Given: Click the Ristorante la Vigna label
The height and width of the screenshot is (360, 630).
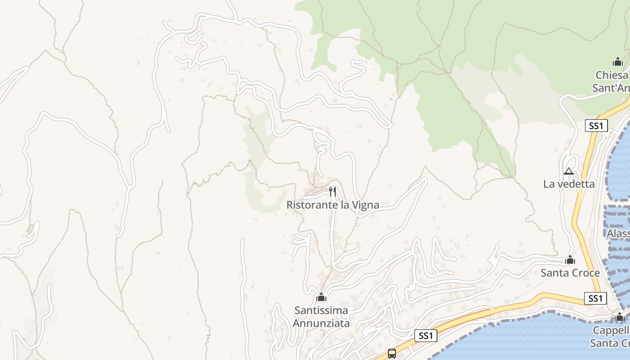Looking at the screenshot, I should [x=333, y=205].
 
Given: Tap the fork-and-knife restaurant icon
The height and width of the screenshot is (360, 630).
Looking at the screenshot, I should [x=333, y=192].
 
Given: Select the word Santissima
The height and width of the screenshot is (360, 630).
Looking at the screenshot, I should [x=321, y=310].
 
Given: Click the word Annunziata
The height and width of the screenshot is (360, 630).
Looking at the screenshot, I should [x=321, y=323].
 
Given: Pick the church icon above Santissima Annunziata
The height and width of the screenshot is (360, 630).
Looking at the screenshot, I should [x=321, y=297].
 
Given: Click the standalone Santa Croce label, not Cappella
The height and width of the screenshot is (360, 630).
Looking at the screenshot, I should [x=570, y=273].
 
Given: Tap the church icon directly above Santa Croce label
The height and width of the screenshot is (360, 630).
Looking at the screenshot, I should [x=570, y=260].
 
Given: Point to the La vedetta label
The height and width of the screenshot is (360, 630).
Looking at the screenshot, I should [x=569, y=184].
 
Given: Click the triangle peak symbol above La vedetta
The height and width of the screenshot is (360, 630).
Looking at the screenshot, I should [x=569, y=171].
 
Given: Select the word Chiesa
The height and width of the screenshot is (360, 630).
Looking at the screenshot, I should [x=611, y=75].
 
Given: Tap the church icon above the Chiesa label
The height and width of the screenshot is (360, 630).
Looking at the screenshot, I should [x=618, y=62].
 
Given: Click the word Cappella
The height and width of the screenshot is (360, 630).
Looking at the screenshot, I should [x=611, y=330].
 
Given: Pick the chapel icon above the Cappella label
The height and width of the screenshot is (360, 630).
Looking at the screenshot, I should [x=620, y=317].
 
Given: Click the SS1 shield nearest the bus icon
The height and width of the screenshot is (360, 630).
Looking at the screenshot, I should [x=426, y=335].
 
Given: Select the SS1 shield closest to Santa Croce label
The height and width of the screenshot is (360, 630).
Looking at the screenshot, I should [x=595, y=298].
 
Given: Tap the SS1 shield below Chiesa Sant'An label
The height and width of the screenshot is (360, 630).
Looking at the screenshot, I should [x=596, y=126].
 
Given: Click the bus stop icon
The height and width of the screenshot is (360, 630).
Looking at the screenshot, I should [x=392, y=353].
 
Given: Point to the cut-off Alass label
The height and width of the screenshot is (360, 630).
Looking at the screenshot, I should [x=618, y=234].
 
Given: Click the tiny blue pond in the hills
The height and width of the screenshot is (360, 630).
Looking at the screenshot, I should [x=391, y=99].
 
